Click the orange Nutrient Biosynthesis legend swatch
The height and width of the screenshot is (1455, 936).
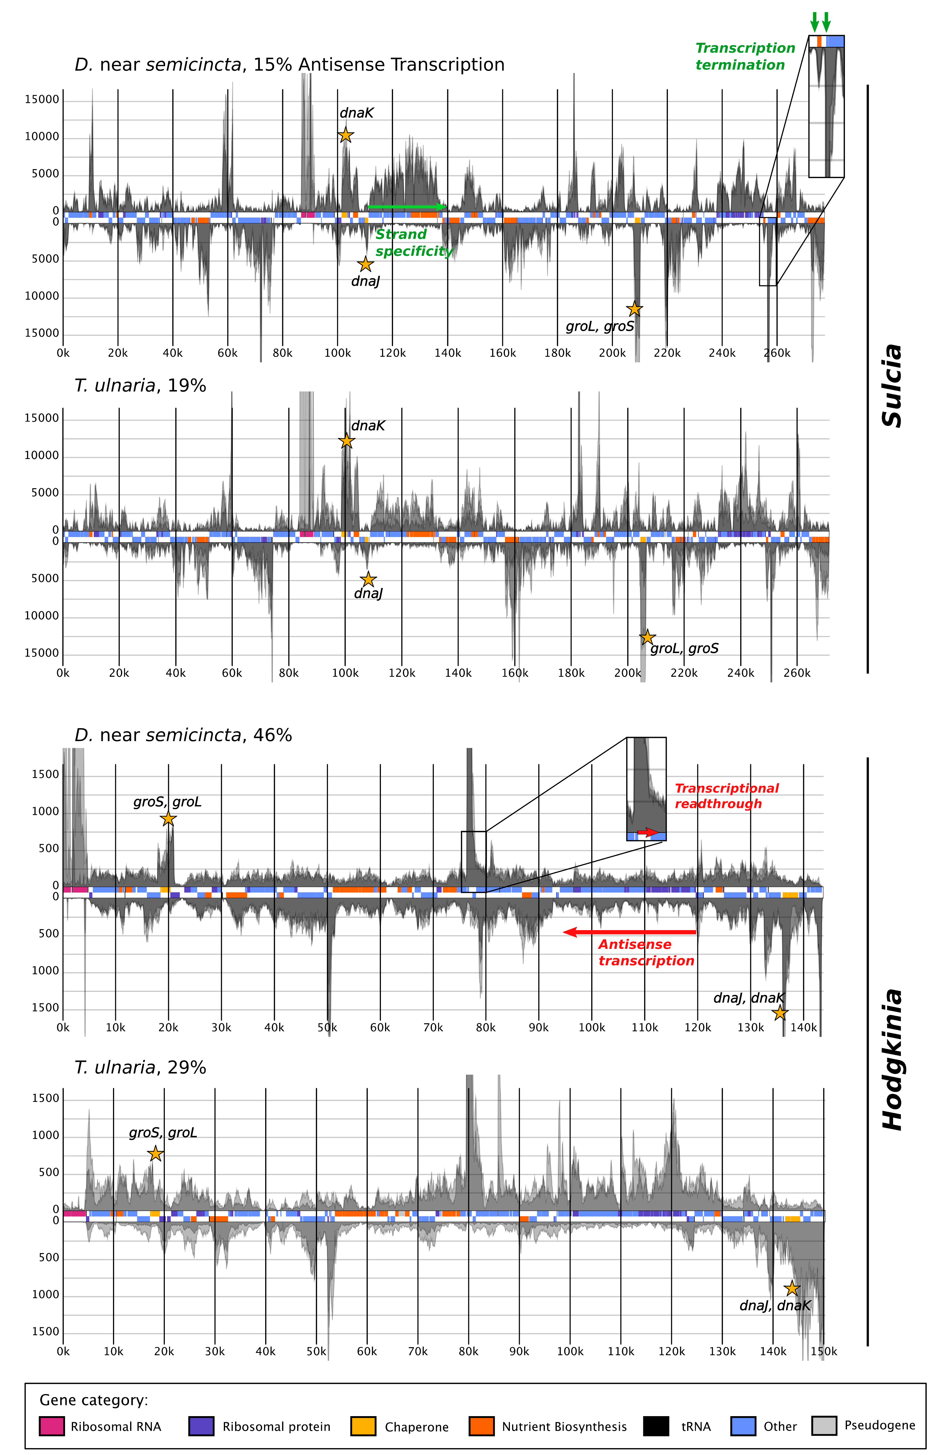point(482,1426)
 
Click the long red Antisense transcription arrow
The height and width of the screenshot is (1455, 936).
point(629,932)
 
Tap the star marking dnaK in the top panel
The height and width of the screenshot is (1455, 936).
point(345,135)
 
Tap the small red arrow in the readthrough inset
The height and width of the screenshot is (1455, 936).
point(648,832)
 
